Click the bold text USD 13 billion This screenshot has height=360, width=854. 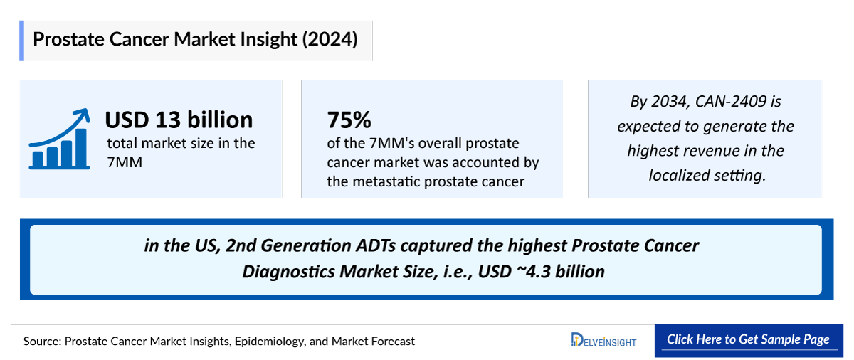pos(179,120)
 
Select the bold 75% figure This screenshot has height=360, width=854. pos(349,120)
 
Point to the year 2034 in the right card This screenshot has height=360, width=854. pos(668,102)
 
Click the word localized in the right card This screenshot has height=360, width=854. pos(681,175)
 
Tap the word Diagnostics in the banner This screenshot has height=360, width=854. pos(286,271)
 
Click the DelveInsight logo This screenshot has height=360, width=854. pos(603,340)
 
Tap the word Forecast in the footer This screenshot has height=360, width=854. pos(393,342)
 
